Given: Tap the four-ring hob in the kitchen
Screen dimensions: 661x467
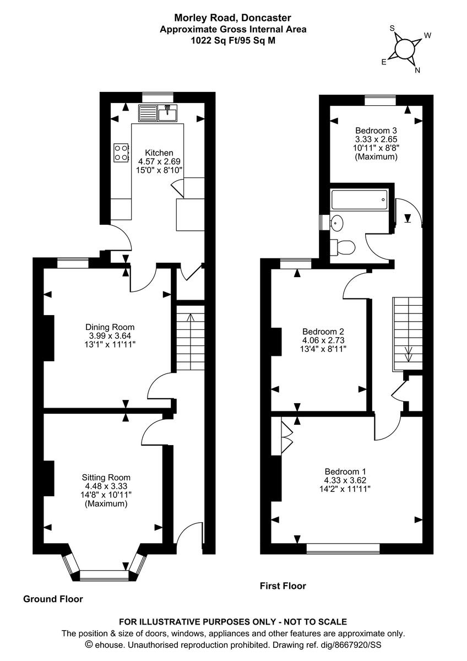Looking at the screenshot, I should click(x=121, y=153).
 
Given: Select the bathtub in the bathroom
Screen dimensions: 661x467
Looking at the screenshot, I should click(x=359, y=199).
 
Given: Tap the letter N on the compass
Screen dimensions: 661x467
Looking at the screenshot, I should click(x=417, y=70).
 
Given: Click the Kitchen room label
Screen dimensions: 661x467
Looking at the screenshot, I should click(x=159, y=153).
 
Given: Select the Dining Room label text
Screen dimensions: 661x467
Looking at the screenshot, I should click(x=110, y=327).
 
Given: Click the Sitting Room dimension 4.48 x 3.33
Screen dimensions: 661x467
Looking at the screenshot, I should click(x=106, y=486).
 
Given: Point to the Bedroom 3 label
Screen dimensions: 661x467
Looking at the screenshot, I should click(x=376, y=131).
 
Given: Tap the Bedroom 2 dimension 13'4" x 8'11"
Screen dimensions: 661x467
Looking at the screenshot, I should click(x=323, y=349).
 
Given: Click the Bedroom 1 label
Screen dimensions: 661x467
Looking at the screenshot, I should click(x=345, y=472).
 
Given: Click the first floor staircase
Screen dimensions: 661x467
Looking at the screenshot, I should click(x=408, y=333).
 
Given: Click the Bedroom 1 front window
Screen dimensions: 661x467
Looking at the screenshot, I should click(x=343, y=548).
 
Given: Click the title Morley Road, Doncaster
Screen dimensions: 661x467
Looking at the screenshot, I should click(x=233, y=18).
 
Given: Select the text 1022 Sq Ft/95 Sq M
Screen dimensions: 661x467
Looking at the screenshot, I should click(x=233, y=40).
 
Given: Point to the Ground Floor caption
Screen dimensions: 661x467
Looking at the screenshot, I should click(x=53, y=599).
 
